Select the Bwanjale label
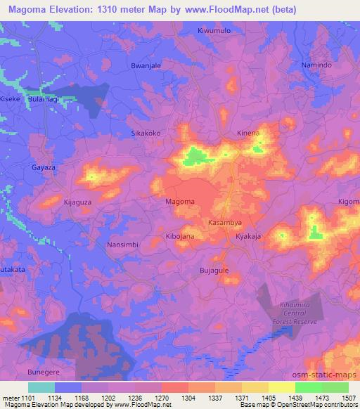click(146, 65)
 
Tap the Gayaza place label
click(44, 168)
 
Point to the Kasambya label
click(225, 221)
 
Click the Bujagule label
click(215, 269)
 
